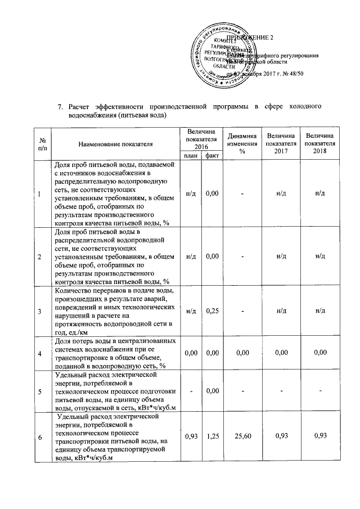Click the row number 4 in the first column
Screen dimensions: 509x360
click(39, 353)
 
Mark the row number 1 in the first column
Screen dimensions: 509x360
click(39, 194)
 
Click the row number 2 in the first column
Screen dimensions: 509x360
click(39, 256)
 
